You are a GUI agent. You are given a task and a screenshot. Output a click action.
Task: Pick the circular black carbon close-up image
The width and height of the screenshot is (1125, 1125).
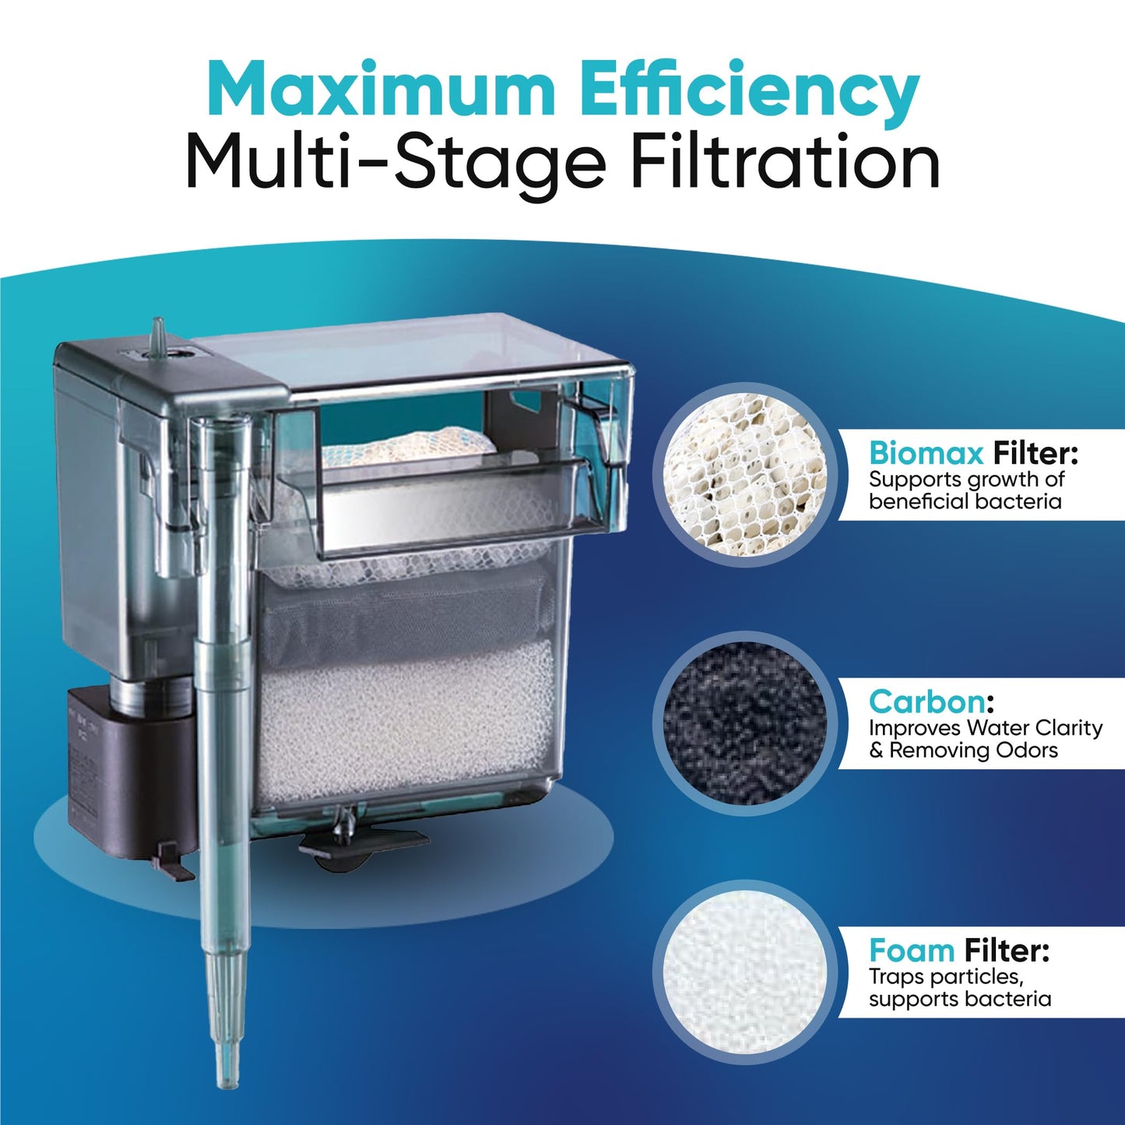pos(744,722)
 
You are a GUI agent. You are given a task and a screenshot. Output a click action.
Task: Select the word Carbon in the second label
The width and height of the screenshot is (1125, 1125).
pos(926,701)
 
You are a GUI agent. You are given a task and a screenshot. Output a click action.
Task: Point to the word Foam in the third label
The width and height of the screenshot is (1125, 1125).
pos(912,951)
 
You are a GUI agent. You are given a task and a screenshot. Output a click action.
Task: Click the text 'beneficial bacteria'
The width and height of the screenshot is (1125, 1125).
pos(965,501)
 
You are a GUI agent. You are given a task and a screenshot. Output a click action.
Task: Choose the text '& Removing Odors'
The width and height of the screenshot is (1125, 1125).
pos(963,751)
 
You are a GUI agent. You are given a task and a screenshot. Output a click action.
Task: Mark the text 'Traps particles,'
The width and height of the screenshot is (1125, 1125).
pos(944,976)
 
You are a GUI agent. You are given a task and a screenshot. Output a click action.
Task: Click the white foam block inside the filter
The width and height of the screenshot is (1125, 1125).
pos(405,720)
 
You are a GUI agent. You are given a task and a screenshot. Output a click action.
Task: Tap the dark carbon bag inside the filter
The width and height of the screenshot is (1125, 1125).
pos(405,611)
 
